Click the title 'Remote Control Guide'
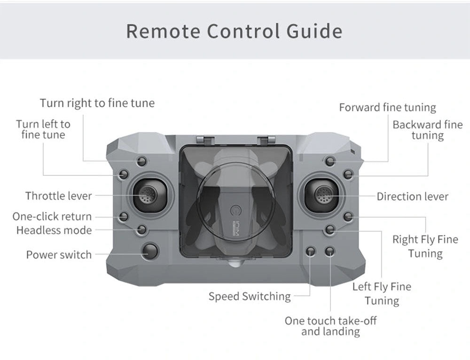point(234,31)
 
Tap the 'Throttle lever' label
point(59,196)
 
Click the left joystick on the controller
point(148,195)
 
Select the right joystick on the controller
point(322,194)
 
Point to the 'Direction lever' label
point(412,196)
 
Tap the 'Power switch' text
point(59,255)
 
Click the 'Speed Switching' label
point(250,297)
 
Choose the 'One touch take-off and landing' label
point(330,326)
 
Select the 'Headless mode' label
point(54,230)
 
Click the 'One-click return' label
point(52,217)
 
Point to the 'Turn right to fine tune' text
point(97,103)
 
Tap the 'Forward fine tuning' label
point(387,108)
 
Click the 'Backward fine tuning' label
point(427,130)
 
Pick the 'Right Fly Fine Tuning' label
point(425,246)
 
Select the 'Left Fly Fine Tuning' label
point(382,294)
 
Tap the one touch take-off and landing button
point(330,251)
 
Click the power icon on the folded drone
point(235,209)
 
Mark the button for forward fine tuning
point(330,162)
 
